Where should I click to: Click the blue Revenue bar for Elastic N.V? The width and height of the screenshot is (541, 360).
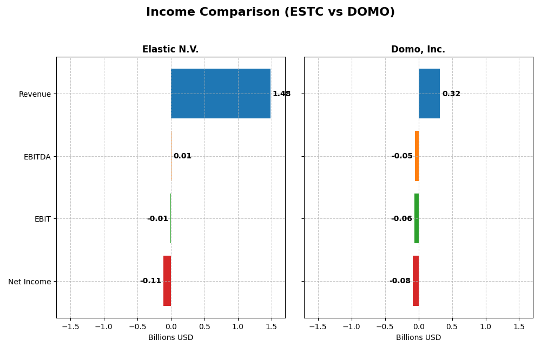(x=220, y=94)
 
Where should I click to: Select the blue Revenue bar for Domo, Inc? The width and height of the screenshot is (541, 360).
(x=429, y=94)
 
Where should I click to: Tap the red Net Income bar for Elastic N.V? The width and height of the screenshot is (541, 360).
(x=167, y=281)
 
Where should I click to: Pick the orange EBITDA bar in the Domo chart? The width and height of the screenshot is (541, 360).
(x=417, y=156)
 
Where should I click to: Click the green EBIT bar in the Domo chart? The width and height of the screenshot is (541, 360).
(x=417, y=218)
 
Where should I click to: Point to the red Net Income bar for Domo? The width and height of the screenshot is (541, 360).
(x=415, y=281)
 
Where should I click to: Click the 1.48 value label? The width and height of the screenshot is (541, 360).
(x=281, y=94)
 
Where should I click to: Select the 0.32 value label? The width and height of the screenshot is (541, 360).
(x=451, y=94)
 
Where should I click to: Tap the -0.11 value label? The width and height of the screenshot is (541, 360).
(x=150, y=281)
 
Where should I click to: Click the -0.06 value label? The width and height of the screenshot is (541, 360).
(x=401, y=219)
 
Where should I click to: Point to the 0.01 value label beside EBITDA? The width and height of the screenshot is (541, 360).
(x=182, y=156)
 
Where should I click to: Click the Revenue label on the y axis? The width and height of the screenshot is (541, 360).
(x=35, y=95)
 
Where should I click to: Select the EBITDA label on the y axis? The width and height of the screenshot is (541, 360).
(x=37, y=157)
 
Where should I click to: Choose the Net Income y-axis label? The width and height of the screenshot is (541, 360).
(x=29, y=282)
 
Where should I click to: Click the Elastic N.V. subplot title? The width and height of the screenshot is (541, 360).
(x=170, y=50)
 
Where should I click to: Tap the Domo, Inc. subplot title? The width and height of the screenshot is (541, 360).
(x=418, y=50)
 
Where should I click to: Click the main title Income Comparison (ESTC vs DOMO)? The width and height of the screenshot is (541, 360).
(x=270, y=12)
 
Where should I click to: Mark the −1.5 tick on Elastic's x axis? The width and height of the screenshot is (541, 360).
(x=70, y=326)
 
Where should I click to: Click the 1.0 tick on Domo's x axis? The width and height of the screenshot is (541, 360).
(x=485, y=326)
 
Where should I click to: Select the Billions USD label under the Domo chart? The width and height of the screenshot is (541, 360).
(x=418, y=338)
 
